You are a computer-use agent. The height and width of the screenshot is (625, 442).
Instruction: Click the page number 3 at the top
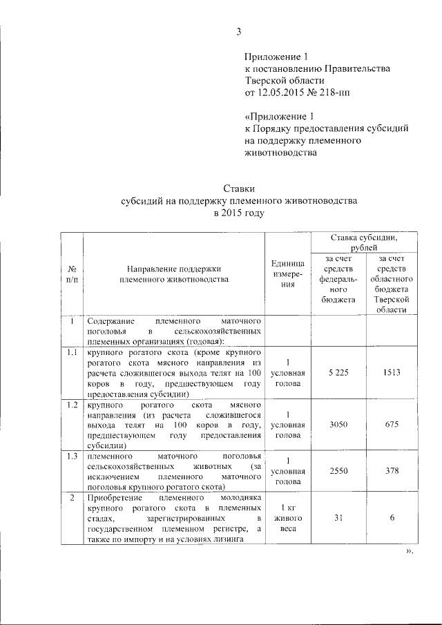(x=239, y=31)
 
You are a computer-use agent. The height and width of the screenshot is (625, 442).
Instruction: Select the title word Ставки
(x=239, y=188)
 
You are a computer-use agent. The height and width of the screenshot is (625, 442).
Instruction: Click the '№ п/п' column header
(x=72, y=274)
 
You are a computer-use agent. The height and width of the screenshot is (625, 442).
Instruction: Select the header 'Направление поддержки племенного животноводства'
(x=173, y=274)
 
